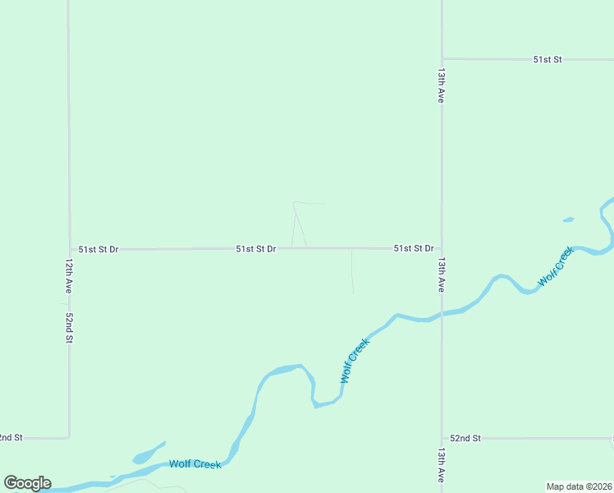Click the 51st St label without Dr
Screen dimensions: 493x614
[547, 59]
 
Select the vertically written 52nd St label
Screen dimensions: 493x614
[70, 327]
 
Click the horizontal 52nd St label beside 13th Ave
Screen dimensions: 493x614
[465, 439]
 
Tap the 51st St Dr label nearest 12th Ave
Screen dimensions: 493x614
[99, 248]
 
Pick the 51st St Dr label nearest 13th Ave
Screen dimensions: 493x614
[413, 248]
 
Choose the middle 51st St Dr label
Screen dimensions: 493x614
[256, 248]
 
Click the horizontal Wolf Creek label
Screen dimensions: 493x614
[195, 464]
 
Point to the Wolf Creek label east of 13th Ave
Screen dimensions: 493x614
[555, 268]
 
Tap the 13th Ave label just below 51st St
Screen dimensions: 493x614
[442, 85]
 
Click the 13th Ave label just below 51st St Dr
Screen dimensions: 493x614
[442, 274]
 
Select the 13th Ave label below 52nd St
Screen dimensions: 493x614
[442, 465]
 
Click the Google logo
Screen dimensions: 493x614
[27, 483]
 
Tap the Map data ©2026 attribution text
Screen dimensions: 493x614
[580, 486]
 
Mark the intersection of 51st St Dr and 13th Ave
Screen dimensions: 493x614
[442, 248]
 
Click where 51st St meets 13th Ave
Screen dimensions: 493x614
[442, 59]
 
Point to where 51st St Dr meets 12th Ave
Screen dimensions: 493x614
[69, 249]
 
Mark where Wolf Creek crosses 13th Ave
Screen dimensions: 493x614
[442, 315]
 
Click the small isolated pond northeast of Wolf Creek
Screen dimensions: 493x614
[568, 219]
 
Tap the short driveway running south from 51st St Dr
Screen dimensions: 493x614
[352, 271]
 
